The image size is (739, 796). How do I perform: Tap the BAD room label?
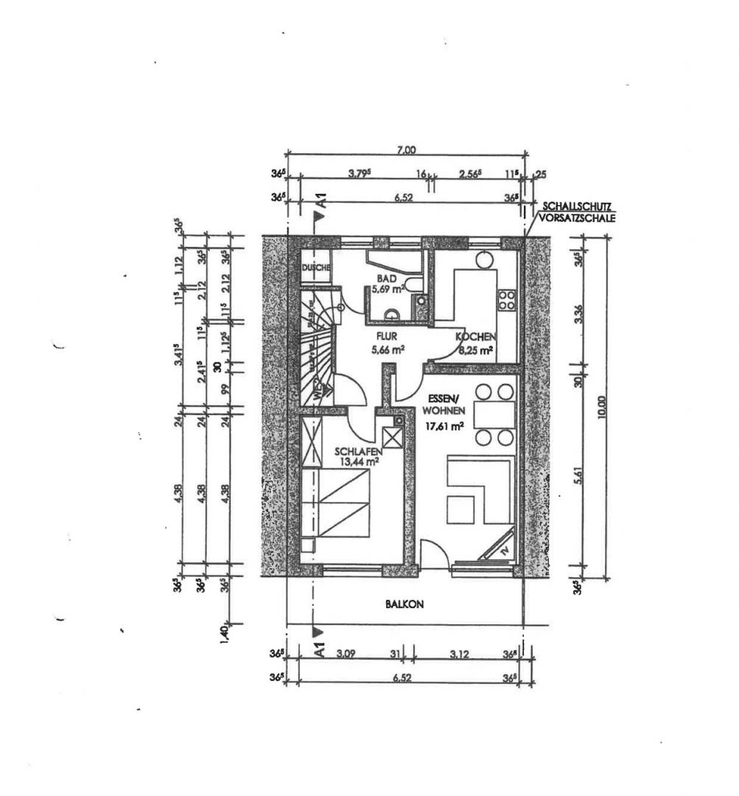point(388,279)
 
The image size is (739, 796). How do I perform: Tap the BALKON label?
point(404,603)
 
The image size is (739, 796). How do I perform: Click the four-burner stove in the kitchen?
point(507,298)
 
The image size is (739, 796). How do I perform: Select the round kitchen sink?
point(484,260)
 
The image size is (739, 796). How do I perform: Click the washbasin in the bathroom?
point(391,313)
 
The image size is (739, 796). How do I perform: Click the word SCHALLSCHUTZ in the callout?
point(578,206)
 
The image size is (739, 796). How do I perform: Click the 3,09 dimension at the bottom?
point(346,652)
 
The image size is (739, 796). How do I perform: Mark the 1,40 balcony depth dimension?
point(225,632)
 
